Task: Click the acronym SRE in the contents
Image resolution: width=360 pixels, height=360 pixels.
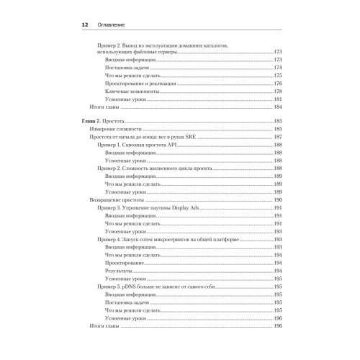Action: coord(190,137)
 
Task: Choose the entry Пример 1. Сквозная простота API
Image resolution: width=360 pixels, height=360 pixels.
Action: coord(135,145)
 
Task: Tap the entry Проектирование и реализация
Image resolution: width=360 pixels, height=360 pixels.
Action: coord(143,84)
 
